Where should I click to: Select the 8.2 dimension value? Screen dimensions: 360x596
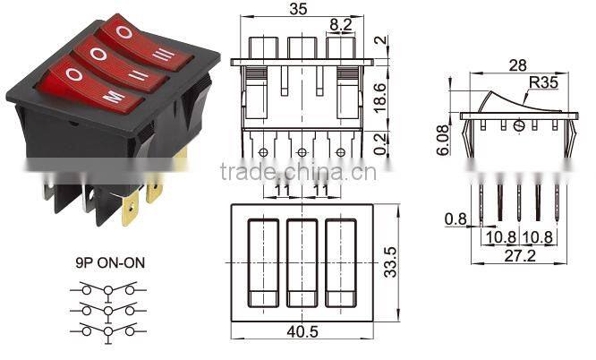tap(340, 25)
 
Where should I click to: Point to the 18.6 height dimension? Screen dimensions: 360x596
tap(380, 92)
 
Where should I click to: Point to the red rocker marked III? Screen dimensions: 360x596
tap(143, 43)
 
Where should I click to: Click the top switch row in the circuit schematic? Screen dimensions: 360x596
tap(109, 289)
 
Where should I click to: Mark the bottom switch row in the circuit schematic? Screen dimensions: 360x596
tap(109, 330)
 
